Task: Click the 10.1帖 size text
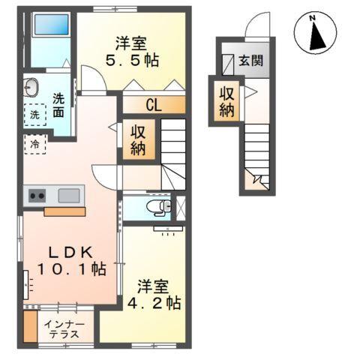(73, 268)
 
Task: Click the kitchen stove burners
(37, 196)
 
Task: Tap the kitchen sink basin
(69, 196)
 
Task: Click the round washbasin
(31, 85)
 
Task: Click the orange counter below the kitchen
(64, 211)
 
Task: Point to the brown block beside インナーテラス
(29, 328)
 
